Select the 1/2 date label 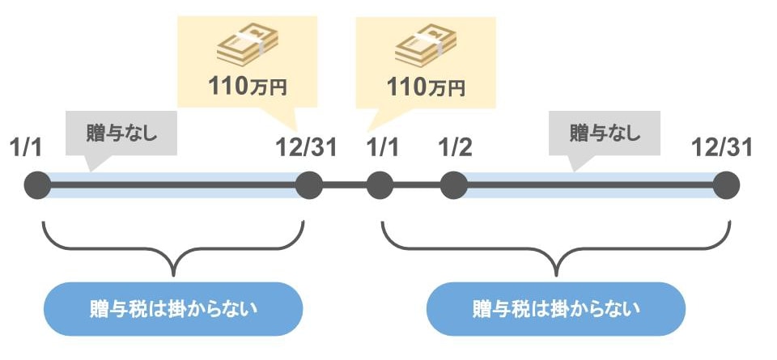click(x=454, y=149)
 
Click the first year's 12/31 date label click(x=306, y=149)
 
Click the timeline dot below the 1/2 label click(x=453, y=185)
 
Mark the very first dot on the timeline click(x=37, y=185)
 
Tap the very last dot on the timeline click(x=726, y=185)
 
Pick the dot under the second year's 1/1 click(x=380, y=185)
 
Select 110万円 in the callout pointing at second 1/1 click(x=427, y=85)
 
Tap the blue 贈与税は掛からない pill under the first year click(x=173, y=308)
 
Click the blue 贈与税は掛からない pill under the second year click(x=555, y=308)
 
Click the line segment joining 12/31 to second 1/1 click(x=345, y=185)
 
